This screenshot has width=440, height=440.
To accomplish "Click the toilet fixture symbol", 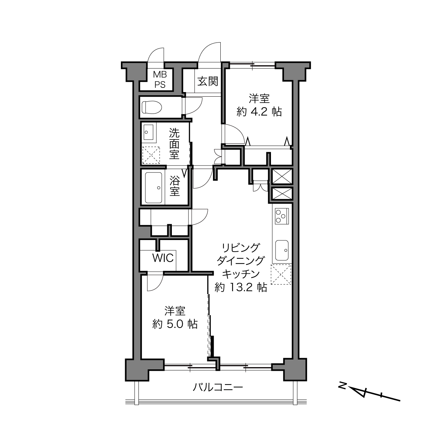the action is coord(151,107).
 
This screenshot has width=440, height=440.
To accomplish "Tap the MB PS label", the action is coord(160,79).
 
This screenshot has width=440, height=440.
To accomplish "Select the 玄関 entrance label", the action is coord(208,82).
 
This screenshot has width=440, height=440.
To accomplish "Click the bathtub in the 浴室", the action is coord(154,187).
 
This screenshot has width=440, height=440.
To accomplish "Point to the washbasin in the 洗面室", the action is coord(148,132).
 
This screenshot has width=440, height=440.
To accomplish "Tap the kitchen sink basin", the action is coord(282,250).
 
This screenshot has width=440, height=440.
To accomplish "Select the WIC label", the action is coord(163,258).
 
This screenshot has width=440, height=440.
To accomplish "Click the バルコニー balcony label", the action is coord(218,387).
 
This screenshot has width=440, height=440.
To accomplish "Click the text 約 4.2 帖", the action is coord(259,112).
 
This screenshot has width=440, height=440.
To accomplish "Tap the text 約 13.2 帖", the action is coord(241,287).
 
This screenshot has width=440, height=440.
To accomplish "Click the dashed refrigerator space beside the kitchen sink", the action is coord(281,274).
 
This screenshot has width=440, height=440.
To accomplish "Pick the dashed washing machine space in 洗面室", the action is coord(151,155).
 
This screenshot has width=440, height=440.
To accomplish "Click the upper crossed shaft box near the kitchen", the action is coord(282,176).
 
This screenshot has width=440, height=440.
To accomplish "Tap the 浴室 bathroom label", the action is coord(175,187).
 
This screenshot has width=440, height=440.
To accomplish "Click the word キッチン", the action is coord(241,274).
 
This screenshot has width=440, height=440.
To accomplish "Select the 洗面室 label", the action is coord(174,144).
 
